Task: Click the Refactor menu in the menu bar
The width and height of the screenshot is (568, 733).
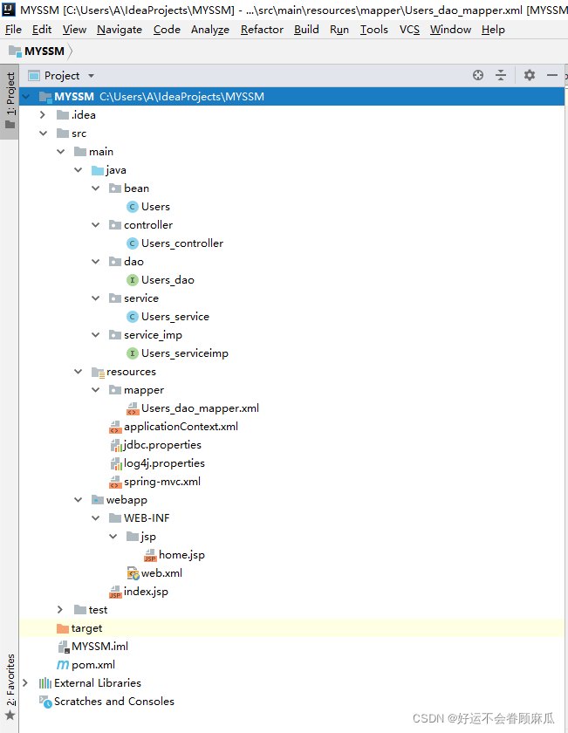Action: coord(262,29)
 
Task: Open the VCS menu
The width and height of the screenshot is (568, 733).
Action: coord(409,29)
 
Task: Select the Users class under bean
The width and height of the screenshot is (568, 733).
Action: coord(155,207)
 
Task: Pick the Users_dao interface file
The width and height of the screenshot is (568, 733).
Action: coord(168,280)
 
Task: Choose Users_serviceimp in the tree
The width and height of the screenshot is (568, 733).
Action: coord(184,353)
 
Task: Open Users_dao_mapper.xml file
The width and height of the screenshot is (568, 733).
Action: coord(200,408)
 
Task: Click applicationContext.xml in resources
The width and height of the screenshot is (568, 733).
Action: coord(181,427)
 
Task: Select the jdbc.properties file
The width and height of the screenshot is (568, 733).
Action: coord(162,445)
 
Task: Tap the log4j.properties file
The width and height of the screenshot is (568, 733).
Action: coord(164,463)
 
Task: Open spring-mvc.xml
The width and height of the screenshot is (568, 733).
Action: coord(161,482)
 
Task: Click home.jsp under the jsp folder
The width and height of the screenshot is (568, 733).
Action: coord(181,555)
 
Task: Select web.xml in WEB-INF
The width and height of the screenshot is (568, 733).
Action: coord(161,573)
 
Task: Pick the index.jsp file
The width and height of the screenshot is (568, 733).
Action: coord(146,592)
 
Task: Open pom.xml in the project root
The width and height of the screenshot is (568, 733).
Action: coord(92,665)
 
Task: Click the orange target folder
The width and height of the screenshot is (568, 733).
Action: coord(86,628)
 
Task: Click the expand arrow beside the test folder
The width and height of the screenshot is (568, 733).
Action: coord(59,610)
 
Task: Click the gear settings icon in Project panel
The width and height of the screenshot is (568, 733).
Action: coord(530,76)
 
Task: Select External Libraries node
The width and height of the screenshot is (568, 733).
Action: coord(97,683)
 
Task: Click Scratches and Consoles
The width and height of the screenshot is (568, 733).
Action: coord(113,702)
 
